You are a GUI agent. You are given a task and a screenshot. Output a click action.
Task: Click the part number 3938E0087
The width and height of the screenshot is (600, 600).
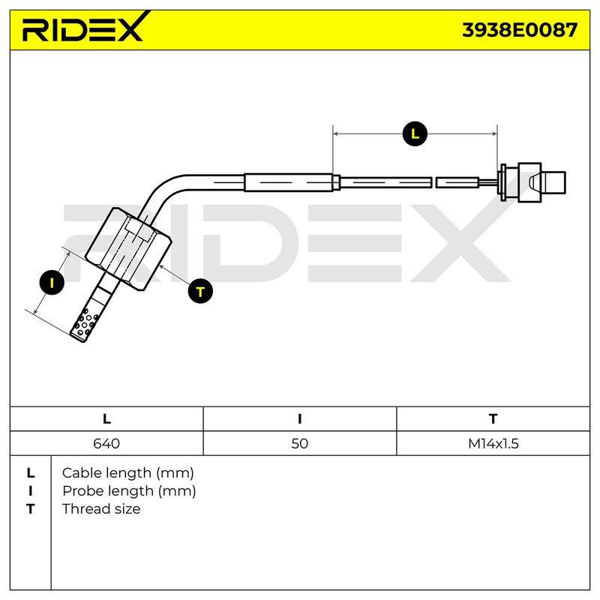tap(519, 30)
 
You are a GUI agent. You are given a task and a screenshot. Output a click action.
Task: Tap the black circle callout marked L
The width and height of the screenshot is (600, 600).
tap(415, 133)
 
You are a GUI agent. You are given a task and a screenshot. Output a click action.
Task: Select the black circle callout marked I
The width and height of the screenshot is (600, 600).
tap(52, 283)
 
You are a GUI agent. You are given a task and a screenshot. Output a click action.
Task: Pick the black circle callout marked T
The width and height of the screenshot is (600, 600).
tap(200, 292)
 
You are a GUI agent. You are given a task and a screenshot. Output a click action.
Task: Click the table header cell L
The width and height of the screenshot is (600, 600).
tap(106, 419)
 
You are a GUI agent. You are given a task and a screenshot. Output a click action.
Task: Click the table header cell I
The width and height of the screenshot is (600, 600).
tap(299, 419)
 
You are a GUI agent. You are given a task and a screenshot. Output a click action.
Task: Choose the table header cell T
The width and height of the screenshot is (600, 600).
tap(493, 419)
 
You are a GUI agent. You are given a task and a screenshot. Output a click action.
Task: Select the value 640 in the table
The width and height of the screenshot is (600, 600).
tap(106, 443)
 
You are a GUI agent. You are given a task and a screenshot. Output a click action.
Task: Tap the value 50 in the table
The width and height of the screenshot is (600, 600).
tap(299, 443)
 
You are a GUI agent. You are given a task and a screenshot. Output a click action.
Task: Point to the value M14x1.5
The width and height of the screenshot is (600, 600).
tap(493, 443)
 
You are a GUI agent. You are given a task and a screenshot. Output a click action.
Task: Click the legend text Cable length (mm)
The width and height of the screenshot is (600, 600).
tap(127, 473)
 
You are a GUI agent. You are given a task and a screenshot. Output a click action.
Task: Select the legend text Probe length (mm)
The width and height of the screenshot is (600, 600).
tap(129, 491)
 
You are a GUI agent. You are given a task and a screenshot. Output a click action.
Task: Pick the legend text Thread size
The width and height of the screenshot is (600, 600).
tap(101, 509)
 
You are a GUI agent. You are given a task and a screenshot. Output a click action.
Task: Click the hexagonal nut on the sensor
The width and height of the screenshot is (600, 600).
tap(127, 248)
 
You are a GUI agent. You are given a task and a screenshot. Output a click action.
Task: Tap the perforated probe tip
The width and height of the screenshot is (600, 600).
tap(87, 322)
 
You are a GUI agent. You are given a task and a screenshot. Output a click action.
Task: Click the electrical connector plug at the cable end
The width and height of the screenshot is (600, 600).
tap(532, 182)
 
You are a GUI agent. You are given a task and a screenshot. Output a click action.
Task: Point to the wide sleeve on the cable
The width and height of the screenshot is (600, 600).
tap(288, 182)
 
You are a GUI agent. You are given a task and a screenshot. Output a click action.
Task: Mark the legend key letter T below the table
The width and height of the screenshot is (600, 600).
tap(30, 509)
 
